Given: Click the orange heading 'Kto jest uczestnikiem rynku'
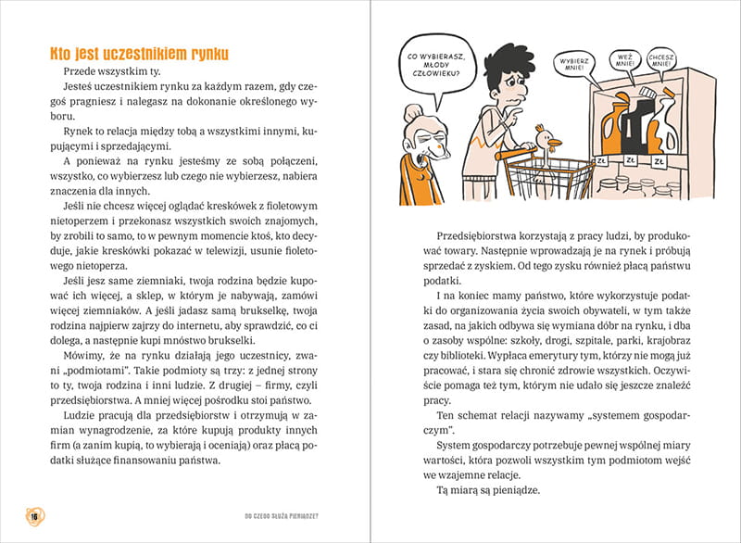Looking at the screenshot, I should coord(139,54).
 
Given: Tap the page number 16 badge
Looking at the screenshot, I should coord(34,515).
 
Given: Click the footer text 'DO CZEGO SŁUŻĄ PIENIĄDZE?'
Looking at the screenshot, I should coord(286,515).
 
